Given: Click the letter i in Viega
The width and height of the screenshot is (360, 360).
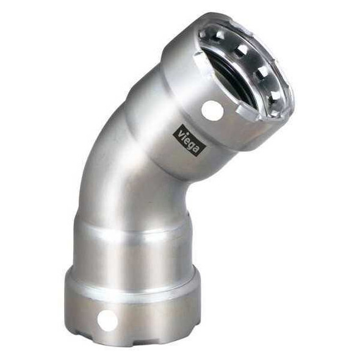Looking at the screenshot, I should point(184,134).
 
